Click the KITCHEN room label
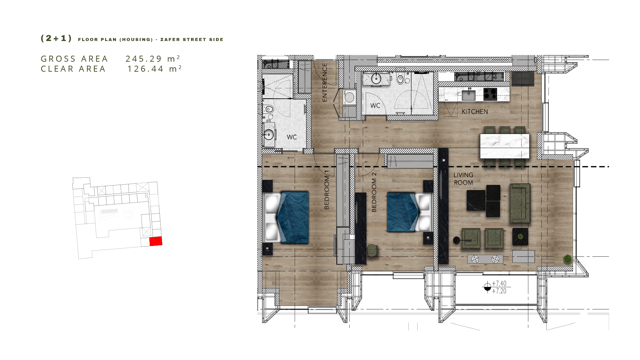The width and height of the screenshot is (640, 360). click(475, 112)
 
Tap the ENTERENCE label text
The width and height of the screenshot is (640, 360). click(325, 82)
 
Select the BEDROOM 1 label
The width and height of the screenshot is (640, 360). click(327, 190)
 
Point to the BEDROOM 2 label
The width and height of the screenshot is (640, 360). click(374, 192)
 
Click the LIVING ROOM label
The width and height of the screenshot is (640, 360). click(463, 179)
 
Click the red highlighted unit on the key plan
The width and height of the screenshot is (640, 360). click(156, 241)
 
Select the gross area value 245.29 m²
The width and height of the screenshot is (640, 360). click(153, 59)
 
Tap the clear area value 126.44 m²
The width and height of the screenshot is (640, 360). click(154, 69)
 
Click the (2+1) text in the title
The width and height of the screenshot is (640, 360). click(56, 38)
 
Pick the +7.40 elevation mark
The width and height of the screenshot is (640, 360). click(499, 283)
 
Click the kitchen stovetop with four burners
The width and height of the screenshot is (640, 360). click(490, 94)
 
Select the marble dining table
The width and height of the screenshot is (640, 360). click(505, 146)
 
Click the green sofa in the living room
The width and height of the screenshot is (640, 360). click(520, 203)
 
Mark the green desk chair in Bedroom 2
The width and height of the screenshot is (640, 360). click(372, 250)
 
